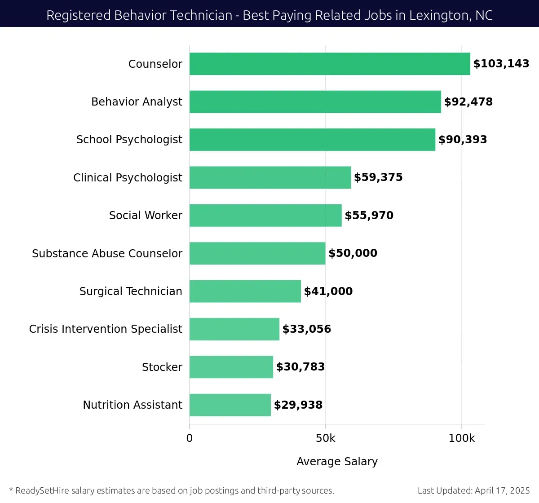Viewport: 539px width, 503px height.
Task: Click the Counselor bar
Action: [x=329, y=64]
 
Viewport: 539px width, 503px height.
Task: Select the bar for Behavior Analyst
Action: [x=315, y=101]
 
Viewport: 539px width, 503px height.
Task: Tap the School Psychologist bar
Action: [x=312, y=140]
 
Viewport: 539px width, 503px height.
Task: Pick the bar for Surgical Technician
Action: [x=245, y=291]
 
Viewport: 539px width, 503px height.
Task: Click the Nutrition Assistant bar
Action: [x=230, y=405]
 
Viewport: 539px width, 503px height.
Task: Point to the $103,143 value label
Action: [x=501, y=64]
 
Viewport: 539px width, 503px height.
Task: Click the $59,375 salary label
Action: [x=378, y=177]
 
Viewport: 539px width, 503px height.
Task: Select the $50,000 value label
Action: [x=353, y=253]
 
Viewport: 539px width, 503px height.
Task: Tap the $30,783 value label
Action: [x=300, y=367]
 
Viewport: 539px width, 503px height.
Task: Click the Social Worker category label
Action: [x=146, y=216]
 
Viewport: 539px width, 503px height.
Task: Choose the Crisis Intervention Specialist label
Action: [x=106, y=329]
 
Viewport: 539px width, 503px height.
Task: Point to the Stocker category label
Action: [x=162, y=367]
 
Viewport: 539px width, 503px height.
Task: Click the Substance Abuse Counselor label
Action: [x=107, y=254]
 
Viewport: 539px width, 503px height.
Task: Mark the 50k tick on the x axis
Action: [x=325, y=438]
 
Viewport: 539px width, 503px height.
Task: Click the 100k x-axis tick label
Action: [x=461, y=438]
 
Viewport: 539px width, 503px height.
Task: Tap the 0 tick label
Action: [x=190, y=438]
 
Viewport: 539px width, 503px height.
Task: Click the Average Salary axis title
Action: [x=337, y=462]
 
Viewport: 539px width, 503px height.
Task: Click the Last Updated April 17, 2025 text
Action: [x=473, y=490]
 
